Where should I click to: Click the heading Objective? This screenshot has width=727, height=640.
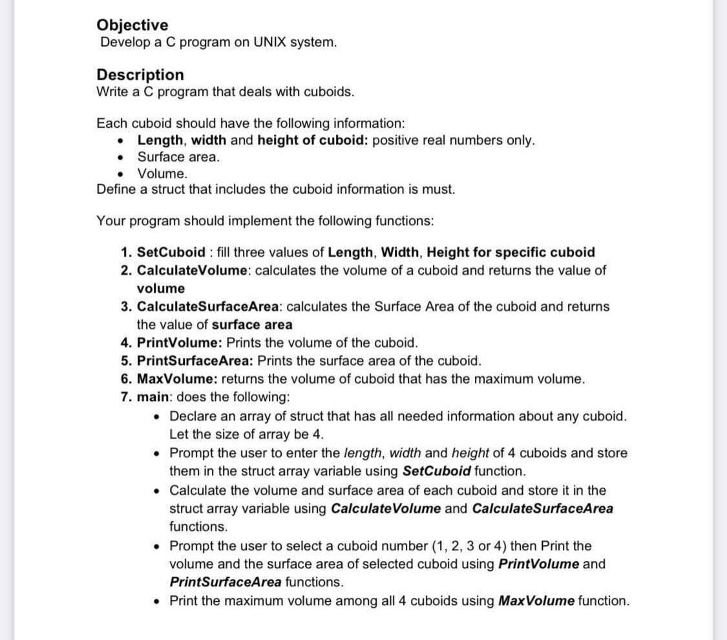pos(132,25)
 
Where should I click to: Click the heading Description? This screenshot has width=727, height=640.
pos(140,75)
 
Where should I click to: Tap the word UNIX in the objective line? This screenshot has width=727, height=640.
pos(261,43)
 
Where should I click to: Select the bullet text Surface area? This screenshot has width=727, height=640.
pos(178,157)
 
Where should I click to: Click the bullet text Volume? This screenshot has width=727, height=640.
pos(163,174)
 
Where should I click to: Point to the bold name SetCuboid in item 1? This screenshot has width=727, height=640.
pos(171,252)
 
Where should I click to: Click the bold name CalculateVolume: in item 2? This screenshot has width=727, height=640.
pos(195,270)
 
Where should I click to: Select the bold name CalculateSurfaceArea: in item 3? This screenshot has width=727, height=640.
pos(210,306)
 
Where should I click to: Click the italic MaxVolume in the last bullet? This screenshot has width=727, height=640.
pos(537,601)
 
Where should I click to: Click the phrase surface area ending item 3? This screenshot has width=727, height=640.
pos(252,324)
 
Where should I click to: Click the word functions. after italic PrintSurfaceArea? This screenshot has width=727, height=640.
pos(314,582)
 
